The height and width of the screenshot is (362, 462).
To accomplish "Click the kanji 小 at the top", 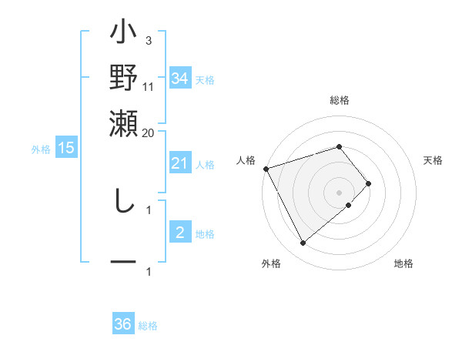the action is [124, 35].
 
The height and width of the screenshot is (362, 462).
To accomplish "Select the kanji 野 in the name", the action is [124, 79].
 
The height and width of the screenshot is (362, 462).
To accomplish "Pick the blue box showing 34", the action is [180, 79].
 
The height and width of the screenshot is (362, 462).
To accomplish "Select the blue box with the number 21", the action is [179, 163].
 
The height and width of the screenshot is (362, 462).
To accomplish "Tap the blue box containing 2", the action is [179, 233].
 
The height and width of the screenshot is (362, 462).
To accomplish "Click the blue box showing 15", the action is [66, 148].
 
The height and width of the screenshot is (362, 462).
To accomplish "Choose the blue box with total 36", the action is [123, 324].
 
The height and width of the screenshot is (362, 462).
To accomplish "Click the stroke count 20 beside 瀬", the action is [149, 132].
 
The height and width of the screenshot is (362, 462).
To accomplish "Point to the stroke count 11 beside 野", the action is [149, 86].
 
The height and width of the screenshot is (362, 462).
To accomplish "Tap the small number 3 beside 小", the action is [149, 41].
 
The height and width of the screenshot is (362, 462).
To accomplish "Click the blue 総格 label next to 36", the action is [148, 326].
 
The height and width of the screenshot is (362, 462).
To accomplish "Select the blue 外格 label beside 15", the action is [41, 149].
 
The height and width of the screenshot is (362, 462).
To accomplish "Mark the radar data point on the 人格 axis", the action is [266, 169].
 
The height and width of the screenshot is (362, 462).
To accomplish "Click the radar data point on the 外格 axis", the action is [303, 243].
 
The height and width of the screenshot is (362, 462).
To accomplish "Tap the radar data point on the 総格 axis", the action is [340, 146].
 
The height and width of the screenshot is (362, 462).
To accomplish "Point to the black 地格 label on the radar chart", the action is [403, 263].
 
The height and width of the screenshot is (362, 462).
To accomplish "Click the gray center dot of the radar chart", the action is [340, 192].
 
